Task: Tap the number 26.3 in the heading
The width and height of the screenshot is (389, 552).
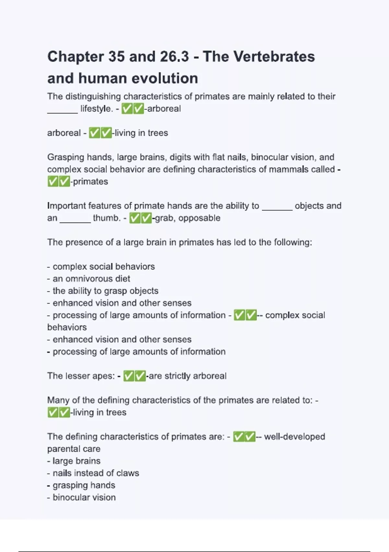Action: pyautogui.click(x=174, y=56)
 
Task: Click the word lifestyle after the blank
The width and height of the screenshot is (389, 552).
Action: pyautogui.click(x=95, y=108)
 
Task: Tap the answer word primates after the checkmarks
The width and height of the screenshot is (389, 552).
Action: pyautogui.click(x=90, y=182)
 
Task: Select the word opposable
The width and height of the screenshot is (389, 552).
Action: pyautogui.click(x=199, y=218)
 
